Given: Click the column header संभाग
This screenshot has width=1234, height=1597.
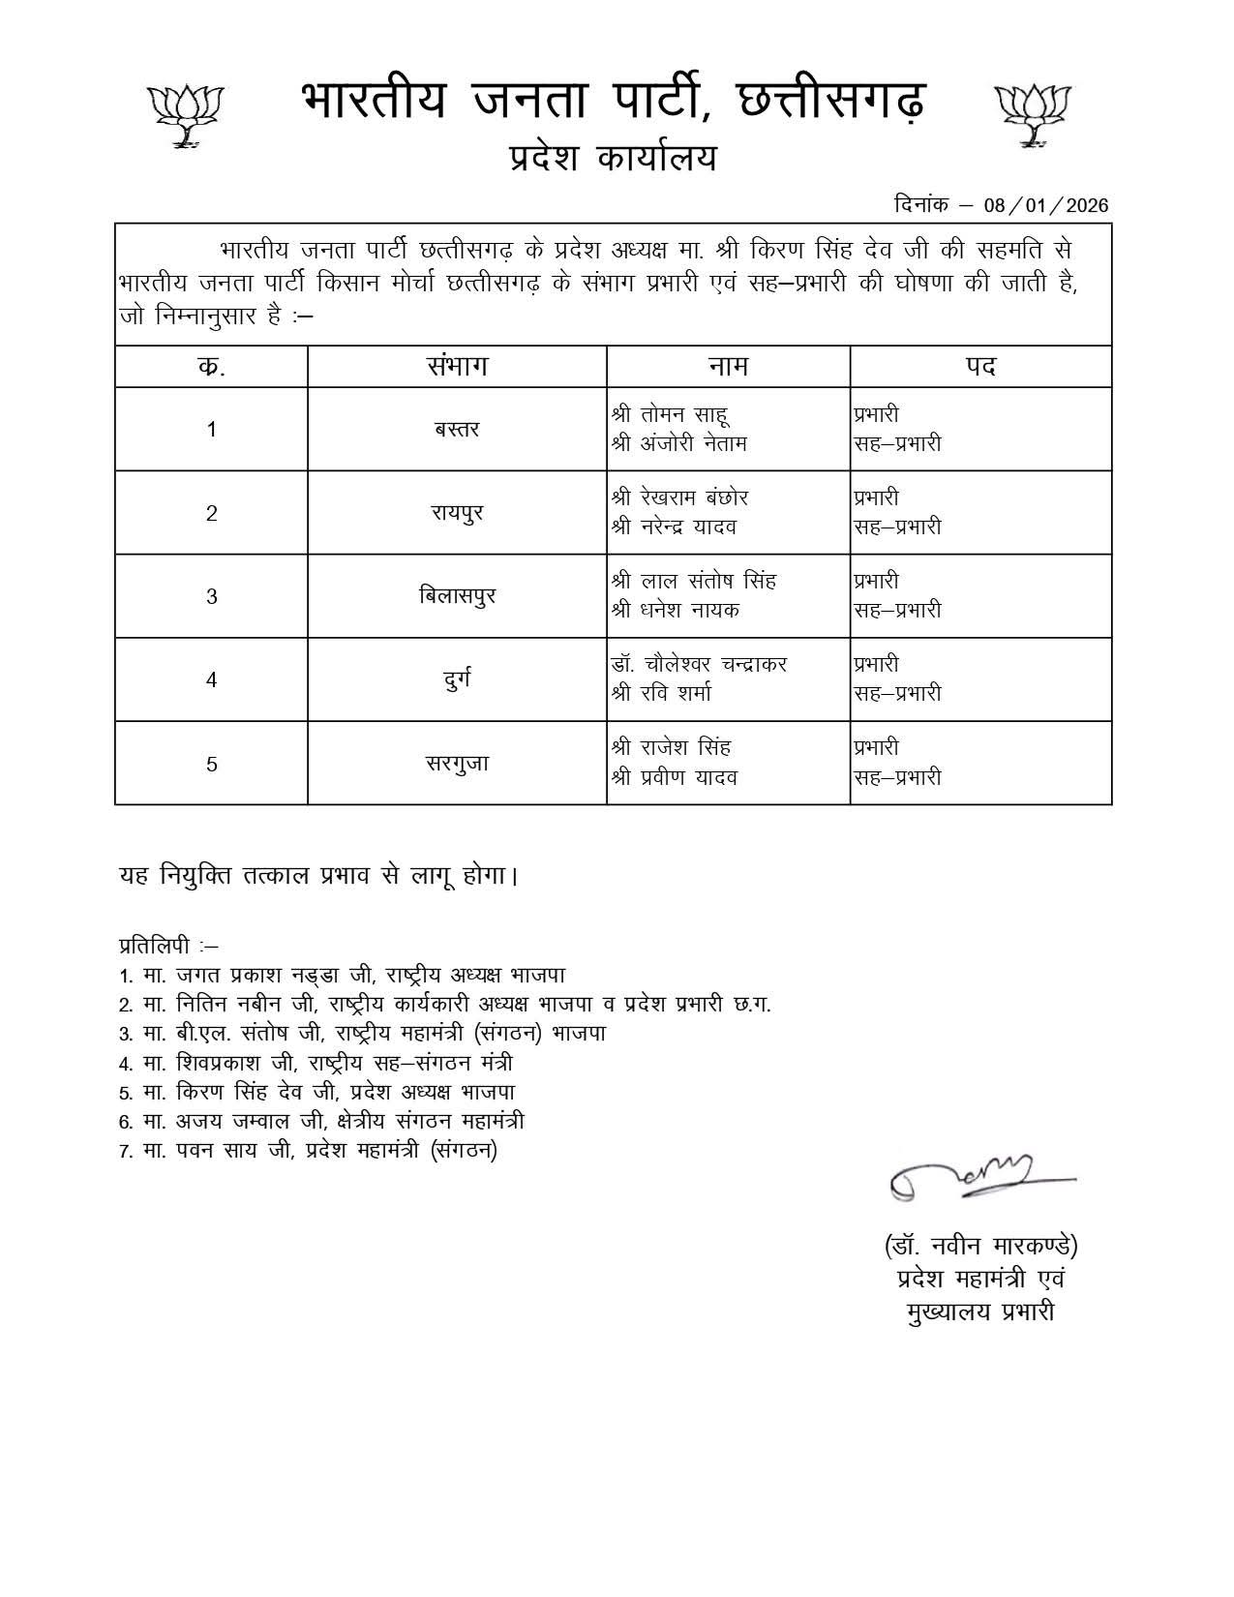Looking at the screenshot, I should point(457,367).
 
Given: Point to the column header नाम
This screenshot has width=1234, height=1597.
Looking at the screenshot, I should point(728,367).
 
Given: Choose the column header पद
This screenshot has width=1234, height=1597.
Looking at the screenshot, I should point(979,367).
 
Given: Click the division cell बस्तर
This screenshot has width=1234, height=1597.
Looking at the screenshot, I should point(457,429).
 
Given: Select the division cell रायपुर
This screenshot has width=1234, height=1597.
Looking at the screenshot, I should point(457,512).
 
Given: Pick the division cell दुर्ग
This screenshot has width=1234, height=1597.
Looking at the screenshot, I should point(457,678).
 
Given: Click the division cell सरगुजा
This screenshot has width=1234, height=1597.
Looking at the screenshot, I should point(457,763).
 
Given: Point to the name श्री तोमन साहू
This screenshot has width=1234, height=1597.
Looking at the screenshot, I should point(671,414).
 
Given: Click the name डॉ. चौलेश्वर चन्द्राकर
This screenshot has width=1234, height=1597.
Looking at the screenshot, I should point(700,664).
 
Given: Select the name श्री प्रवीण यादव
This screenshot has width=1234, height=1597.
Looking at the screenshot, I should point(675,777).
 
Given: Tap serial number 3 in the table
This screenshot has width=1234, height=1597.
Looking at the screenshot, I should point(212,596).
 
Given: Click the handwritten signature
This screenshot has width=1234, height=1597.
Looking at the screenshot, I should point(978,1178).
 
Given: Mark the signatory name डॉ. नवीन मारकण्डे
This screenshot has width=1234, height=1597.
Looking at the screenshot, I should point(980,1245).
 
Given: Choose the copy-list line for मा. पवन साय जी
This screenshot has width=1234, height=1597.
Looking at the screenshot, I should point(308,1151).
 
